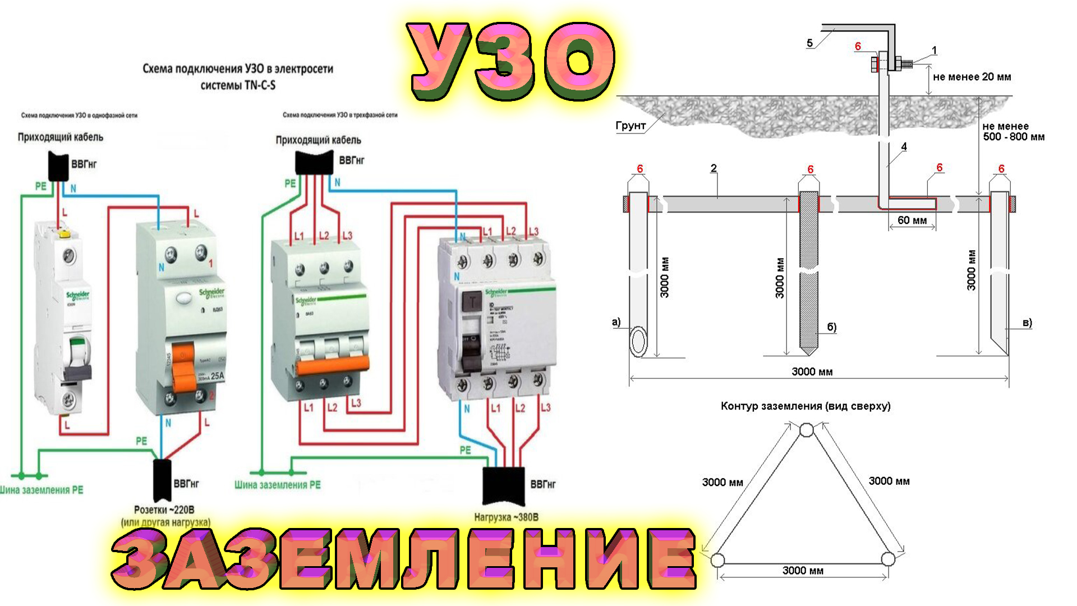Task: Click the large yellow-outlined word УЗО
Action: [512, 62]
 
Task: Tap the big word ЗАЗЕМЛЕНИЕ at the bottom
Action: [404, 560]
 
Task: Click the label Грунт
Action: [630, 126]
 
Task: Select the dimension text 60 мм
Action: [912, 221]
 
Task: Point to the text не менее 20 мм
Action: [972, 77]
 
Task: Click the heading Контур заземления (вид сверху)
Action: [806, 406]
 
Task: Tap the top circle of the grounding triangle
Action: [806, 430]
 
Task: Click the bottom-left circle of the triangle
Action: [717, 559]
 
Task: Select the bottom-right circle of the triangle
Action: [888, 559]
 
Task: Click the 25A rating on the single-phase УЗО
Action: [217, 376]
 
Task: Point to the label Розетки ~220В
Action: [164, 510]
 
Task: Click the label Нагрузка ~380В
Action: [506, 517]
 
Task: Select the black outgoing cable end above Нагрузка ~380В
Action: [503, 485]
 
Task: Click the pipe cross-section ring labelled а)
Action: [638, 342]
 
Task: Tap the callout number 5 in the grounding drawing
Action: [809, 43]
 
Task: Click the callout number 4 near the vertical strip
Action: [904, 147]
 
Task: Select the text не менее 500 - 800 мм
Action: [1013, 131]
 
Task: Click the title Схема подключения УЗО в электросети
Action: [238, 69]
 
